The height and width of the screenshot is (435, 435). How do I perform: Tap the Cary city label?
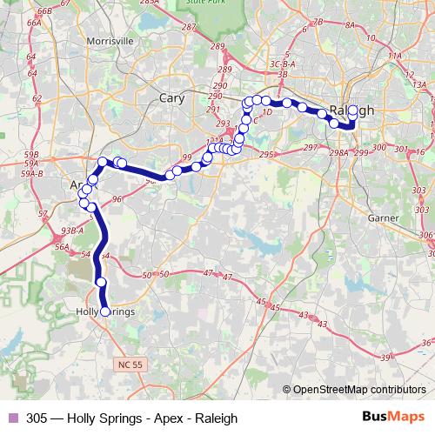pyautogui.click(x=171, y=98)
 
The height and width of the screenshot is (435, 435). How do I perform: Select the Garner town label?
pyautogui.click(x=383, y=217)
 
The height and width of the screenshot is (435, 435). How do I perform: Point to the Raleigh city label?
pyautogui.click(x=353, y=110)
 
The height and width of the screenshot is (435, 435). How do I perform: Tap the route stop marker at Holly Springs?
pyautogui.click(x=106, y=311)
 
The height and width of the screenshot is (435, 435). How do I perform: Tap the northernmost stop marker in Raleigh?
pyautogui.click(x=352, y=110)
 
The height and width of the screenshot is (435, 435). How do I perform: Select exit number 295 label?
pyautogui.click(x=266, y=154)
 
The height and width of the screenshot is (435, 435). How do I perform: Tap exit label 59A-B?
pyautogui.click(x=33, y=174)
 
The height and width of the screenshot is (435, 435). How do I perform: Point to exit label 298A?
pyautogui.click(x=339, y=152)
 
